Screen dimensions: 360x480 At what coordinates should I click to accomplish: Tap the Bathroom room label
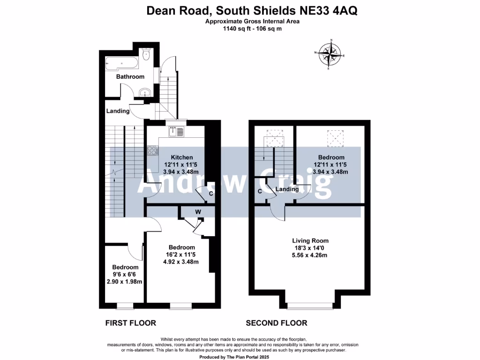[x=130, y=77]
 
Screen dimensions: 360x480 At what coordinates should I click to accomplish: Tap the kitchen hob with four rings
[x=152, y=150]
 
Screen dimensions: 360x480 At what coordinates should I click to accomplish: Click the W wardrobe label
[x=198, y=212]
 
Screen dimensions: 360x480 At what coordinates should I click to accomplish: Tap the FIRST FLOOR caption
[x=130, y=323]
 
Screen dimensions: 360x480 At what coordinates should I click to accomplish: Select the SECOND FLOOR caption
[x=277, y=323]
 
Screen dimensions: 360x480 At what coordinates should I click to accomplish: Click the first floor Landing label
[x=118, y=111]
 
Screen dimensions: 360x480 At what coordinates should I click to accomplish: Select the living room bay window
[x=307, y=306]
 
